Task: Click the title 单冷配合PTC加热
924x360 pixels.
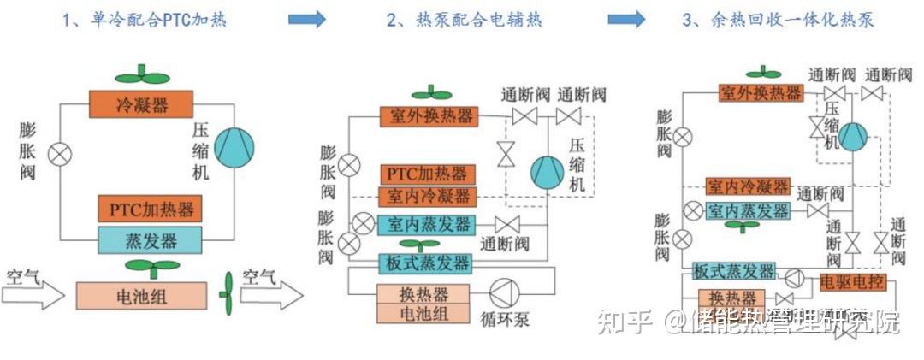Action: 145,19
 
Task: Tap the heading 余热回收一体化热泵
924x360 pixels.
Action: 779,19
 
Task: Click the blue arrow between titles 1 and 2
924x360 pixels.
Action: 307,19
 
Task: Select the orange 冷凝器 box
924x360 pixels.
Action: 141,106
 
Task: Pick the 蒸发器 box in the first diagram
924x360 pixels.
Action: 150,239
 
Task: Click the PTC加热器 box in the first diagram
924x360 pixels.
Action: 150,209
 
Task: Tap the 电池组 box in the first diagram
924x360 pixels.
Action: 141,295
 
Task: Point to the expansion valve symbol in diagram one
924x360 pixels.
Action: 60,155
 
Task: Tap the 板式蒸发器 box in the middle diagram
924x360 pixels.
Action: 425,262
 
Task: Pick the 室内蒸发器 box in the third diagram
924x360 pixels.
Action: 747,210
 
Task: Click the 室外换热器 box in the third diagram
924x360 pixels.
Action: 761,92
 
